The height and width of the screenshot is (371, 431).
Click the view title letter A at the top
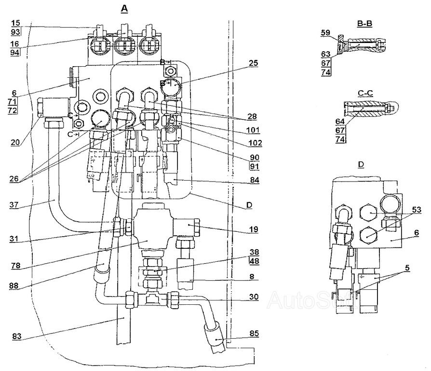[x=124, y=9]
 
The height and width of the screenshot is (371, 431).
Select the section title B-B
[x=364, y=24]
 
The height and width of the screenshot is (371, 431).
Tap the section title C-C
[x=365, y=93]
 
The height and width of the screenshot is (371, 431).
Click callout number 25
[x=253, y=63]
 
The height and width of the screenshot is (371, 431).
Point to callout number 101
[x=253, y=130]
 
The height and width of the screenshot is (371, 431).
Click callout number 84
[x=254, y=180]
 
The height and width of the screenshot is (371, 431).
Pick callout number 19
[x=254, y=229]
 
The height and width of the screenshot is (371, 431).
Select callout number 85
[x=254, y=333]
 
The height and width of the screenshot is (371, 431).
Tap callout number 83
[x=17, y=336]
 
